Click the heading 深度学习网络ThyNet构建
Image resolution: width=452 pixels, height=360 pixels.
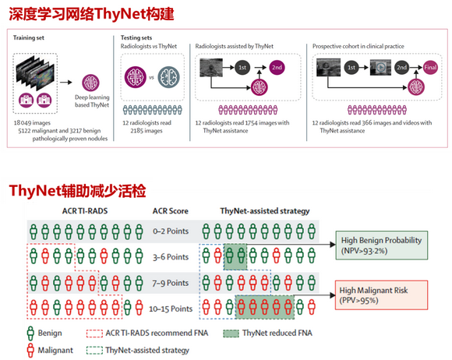[91, 13]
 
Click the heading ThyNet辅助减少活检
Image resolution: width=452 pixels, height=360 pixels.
[78, 190]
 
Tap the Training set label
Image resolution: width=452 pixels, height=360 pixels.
[29, 37]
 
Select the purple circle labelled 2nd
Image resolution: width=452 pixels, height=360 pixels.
[277, 68]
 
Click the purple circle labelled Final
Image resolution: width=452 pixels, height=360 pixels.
[430, 68]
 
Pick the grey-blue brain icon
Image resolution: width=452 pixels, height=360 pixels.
[168, 77]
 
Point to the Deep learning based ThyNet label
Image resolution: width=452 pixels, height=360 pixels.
[92, 101]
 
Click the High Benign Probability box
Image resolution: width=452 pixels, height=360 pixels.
[381, 245]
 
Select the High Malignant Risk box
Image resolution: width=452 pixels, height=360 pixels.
[381, 295]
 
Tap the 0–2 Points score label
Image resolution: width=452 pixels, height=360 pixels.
[171, 231]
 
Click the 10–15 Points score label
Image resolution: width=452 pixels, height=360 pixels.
[171, 309]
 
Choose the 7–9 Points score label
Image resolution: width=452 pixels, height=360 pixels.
[171, 283]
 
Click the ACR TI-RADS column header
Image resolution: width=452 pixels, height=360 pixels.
[85, 211]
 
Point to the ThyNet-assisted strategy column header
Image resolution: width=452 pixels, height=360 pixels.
[265, 211]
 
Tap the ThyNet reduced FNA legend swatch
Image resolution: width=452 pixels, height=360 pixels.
[231, 334]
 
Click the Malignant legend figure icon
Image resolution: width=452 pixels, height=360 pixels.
[30, 351]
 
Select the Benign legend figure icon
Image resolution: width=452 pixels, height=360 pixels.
[30, 334]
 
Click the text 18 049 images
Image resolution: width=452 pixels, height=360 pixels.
[32, 123]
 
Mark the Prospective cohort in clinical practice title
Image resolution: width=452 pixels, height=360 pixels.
[358, 46]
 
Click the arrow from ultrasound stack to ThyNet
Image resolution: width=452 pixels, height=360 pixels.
[66, 83]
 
